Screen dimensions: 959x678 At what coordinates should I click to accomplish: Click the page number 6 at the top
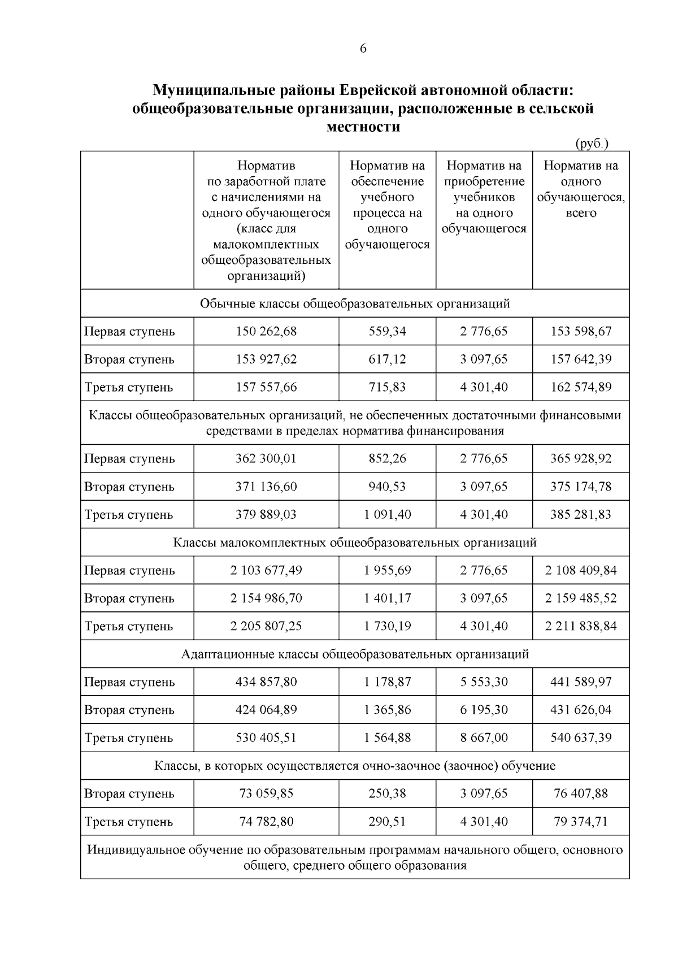[363, 49]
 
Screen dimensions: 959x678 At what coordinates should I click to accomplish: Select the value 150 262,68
[266, 331]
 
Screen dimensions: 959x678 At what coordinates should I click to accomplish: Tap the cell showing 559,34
[387, 331]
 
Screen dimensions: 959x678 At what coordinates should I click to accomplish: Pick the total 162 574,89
[581, 387]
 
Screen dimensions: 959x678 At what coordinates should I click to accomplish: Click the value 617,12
[387, 359]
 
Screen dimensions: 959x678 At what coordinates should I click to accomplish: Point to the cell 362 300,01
[266, 458]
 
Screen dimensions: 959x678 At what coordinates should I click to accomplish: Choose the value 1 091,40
[387, 514]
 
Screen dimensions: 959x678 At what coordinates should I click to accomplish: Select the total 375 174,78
[581, 487]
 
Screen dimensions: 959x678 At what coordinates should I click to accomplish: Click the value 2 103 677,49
[266, 570]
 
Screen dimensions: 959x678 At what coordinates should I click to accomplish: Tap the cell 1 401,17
[387, 598]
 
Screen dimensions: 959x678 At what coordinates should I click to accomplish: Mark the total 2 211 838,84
[581, 626]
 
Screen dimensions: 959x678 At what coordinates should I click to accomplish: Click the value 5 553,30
[484, 682]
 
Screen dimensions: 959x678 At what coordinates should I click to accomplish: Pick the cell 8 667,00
[484, 737]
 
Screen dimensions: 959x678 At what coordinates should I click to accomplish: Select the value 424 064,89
[266, 710]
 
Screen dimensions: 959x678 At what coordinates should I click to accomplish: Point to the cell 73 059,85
[266, 793]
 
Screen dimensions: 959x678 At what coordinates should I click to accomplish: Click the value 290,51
[387, 821]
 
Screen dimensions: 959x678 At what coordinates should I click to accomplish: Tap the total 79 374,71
[581, 821]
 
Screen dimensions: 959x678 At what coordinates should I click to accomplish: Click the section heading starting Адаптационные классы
[355, 654]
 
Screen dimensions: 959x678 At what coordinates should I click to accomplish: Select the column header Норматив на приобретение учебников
[484, 197]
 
